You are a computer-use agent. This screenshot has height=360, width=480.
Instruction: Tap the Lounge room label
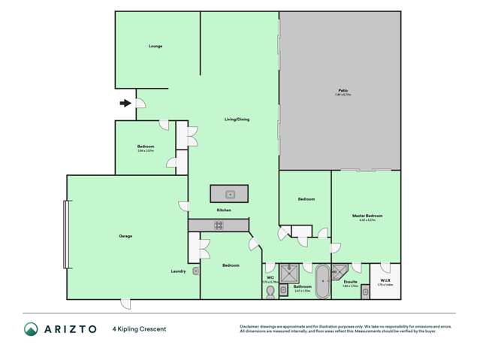(155, 47)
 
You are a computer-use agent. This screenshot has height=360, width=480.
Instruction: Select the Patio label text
(343, 91)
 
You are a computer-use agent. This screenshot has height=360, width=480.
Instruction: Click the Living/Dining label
(237, 119)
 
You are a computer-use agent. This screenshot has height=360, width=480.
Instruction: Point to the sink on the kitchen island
(232, 195)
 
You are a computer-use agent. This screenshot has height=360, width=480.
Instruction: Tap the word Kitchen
(224, 210)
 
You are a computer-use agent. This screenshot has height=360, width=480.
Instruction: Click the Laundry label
(179, 271)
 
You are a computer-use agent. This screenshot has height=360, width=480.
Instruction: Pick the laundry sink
(195, 271)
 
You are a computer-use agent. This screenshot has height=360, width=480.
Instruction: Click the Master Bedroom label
(367, 216)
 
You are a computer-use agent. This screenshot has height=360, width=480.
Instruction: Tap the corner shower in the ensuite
(339, 272)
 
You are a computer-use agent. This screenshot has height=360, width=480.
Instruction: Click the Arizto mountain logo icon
(31, 329)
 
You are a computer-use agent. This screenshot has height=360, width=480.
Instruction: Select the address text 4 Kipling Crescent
(139, 329)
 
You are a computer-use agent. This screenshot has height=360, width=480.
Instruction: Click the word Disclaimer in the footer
(249, 327)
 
